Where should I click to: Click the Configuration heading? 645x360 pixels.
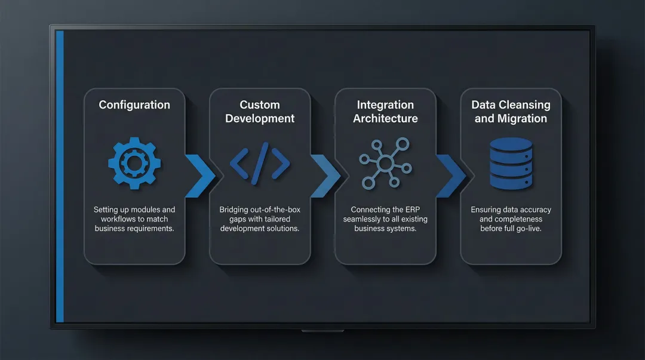coord(134,105)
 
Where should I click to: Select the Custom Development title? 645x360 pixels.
coord(260,112)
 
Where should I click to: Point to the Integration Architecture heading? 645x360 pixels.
coord(385,112)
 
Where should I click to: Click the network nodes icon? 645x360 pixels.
coord(385,163)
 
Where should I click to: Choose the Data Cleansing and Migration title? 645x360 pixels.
coord(511,112)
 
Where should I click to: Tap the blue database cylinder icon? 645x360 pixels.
coord(511,162)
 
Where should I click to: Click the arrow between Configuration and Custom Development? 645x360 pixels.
coord(200,176)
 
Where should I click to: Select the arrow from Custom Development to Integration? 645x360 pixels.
coord(325,176)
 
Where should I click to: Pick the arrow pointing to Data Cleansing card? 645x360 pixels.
coord(451,176)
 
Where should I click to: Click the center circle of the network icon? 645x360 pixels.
coord(385,163)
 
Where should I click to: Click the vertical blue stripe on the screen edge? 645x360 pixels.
coord(60,176)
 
